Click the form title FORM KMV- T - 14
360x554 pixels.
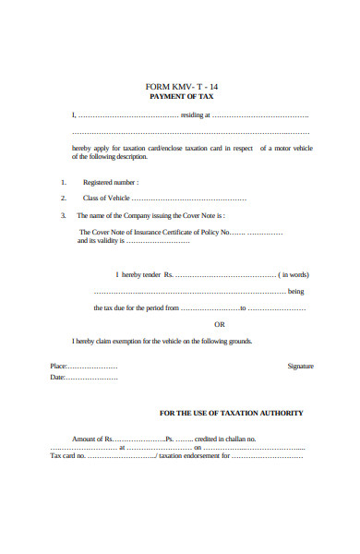click(180, 87)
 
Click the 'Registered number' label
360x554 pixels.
click(111, 183)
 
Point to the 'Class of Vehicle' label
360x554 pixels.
click(107, 199)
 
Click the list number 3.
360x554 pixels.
click(64, 215)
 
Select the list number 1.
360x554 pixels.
click(64, 183)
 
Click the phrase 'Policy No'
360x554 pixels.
click(211, 232)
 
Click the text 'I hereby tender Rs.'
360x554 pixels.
click(145, 274)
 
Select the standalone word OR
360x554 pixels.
click(219, 324)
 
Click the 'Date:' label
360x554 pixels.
click(57, 378)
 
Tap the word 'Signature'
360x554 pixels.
click(300, 366)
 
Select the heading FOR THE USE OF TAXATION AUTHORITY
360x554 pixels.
click(232, 413)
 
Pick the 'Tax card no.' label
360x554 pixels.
click(67, 455)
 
